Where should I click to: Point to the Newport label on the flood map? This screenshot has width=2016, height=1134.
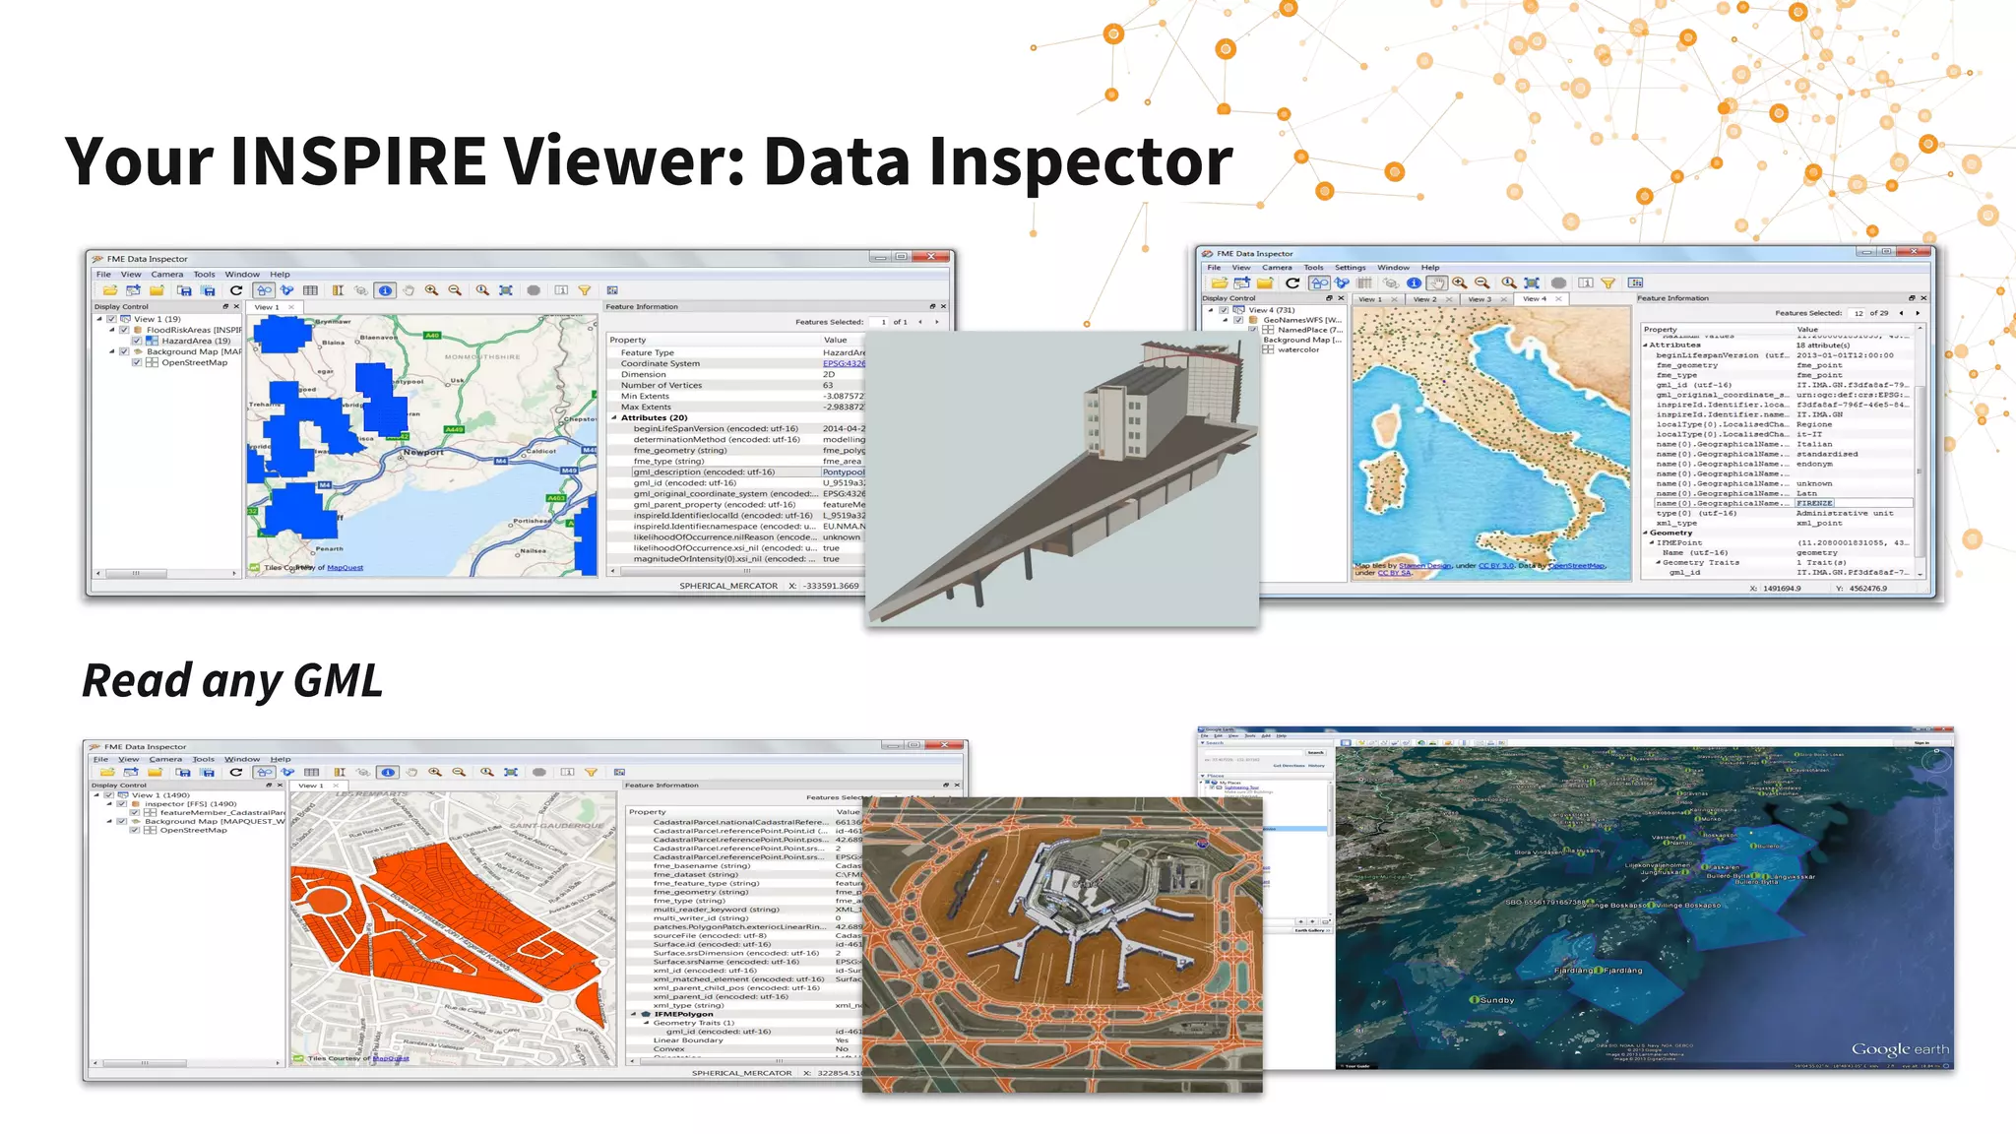[423, 453]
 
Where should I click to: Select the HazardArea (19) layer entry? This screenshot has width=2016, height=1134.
[195, 342]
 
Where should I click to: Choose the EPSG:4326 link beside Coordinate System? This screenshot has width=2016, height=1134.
[844, 364]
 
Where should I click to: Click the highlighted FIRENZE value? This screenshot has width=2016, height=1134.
[1814, 503]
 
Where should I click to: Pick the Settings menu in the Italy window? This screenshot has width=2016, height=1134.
[1350, 268]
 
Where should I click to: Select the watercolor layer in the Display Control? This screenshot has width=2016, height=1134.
[1297, 349]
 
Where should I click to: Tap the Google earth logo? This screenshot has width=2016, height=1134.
[1899, 1049]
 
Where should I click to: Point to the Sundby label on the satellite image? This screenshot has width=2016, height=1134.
[1496, 1000]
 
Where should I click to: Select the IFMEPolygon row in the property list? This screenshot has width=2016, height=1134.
[683, 1014]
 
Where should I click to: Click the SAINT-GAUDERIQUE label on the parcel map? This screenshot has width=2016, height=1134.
[556, 826]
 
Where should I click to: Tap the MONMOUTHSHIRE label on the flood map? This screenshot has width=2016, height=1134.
[482, 357]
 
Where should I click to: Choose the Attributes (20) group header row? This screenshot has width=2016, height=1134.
[654, 418]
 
